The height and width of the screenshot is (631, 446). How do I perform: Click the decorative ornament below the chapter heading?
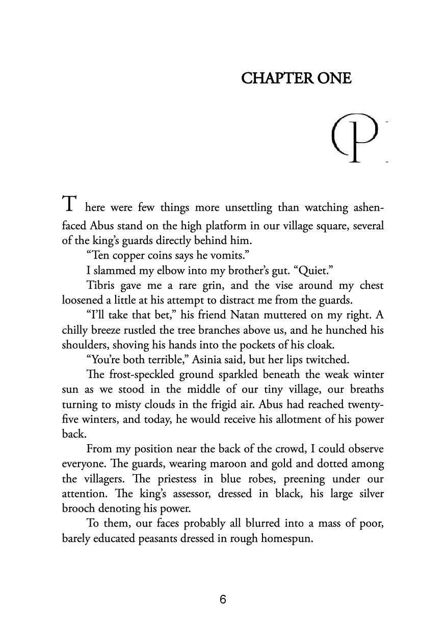357,139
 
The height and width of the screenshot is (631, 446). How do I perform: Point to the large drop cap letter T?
69,204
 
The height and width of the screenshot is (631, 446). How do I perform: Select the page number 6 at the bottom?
223,599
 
